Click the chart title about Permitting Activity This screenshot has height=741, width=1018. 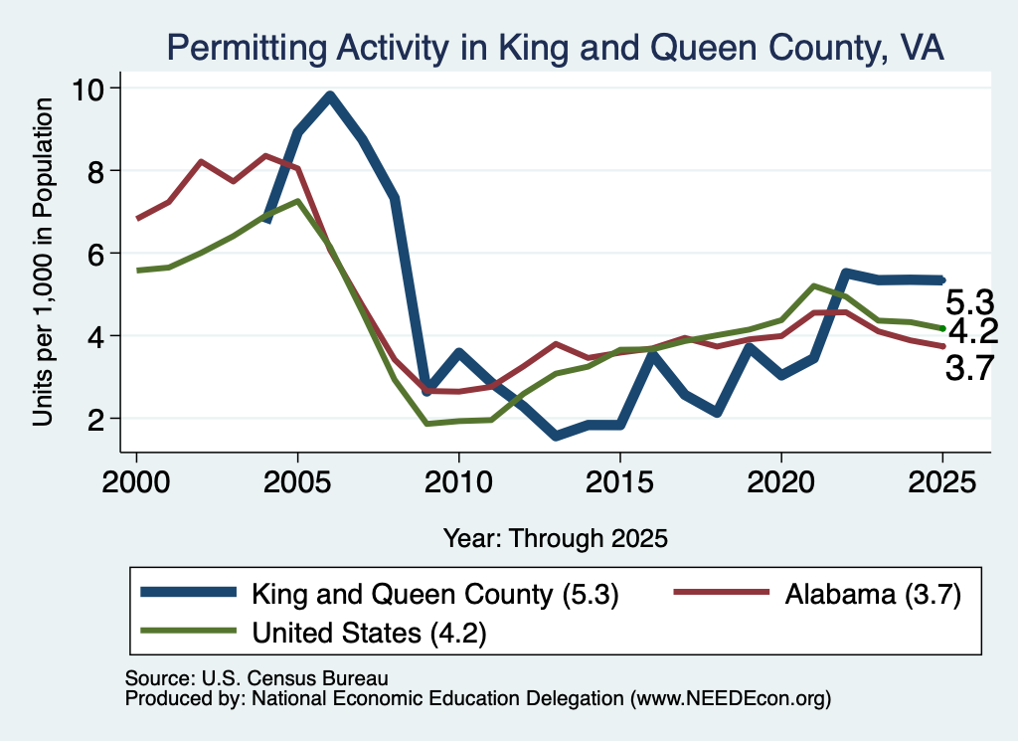(555, 49)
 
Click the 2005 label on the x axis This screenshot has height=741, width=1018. (297, 482)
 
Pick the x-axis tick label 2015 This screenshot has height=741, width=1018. (620, 482)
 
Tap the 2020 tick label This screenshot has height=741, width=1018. (781, 482)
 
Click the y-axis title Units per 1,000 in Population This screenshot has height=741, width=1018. (43, 262)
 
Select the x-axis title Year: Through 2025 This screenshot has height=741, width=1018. (556, 538)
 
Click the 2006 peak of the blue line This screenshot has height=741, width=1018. (330, 96)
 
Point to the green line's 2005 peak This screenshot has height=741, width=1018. (297, 201)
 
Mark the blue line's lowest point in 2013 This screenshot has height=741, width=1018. (556, 436)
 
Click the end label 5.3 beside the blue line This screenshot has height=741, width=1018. (970, 302)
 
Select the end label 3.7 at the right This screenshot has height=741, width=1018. (970, 369)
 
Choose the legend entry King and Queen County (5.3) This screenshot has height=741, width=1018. (380, 594)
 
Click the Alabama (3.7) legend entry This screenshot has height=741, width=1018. (818, 594)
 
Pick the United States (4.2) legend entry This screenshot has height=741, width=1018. (313, 633)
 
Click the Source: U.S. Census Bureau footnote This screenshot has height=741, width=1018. (256, 678)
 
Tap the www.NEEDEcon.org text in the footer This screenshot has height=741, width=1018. (731, 699)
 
